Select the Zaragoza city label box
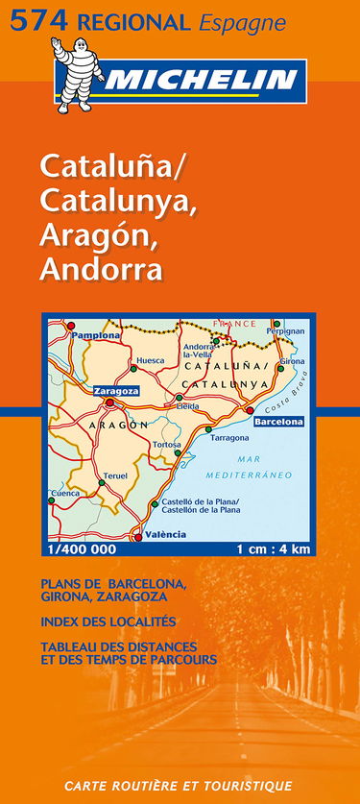(x=116, y=391)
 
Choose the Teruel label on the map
(x=115, y=476)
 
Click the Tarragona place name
(x=229, y=438)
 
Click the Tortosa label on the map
(x=166, y=446)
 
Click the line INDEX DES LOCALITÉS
(x=108, y=621)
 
